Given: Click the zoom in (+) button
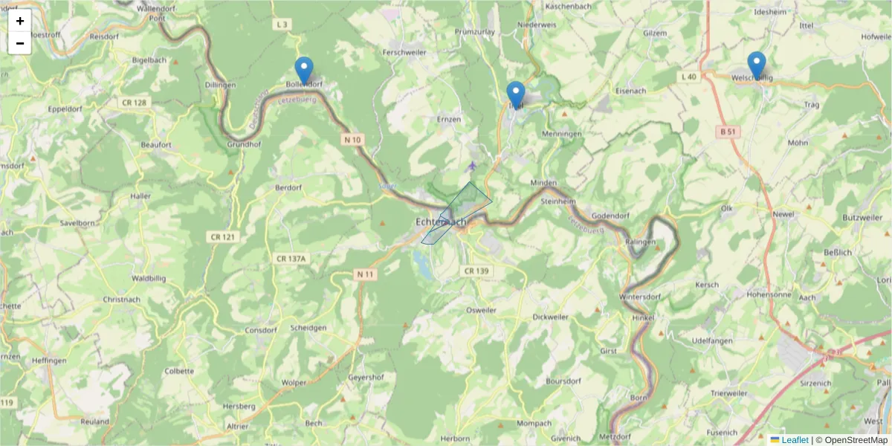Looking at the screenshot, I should point(20,21).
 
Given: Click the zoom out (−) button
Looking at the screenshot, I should point(20,43).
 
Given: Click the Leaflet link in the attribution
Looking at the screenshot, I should point(795,440).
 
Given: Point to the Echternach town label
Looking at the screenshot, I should point(441,222).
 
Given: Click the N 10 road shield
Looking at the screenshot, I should point(352,139).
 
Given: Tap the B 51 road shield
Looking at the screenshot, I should point(728,132).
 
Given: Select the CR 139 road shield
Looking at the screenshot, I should point(476,271).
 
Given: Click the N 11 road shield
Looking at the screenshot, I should point(365,274).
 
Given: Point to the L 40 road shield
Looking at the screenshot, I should point(689,77).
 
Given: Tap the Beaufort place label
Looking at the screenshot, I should point(156,145).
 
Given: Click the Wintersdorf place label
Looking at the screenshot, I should point(639,297).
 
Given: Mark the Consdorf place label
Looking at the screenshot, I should point(260,329).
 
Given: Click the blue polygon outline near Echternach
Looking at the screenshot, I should point(480,192).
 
